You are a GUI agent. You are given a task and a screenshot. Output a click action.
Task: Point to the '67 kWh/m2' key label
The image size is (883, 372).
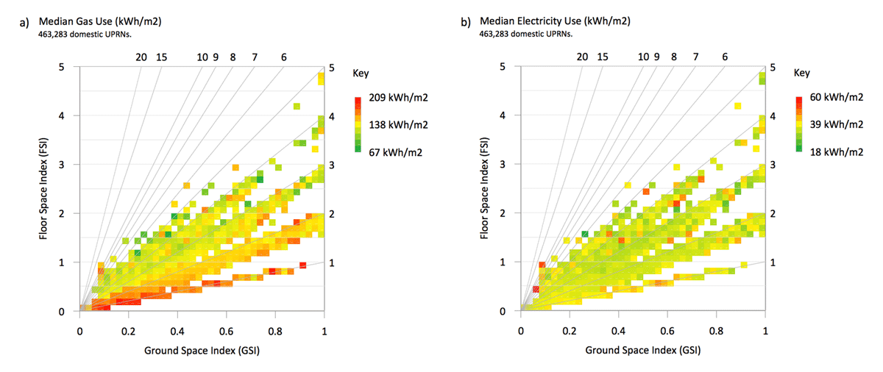pyautogui.click(x=389, y=152)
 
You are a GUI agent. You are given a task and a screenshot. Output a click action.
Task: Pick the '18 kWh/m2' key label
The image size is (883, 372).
pyautogui.click(x=831, y=152)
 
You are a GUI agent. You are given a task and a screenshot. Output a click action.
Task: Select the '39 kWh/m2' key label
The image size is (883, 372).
pyautogui.click(x=831, y=125)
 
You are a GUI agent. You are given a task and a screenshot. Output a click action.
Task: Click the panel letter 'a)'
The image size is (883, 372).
pyautogui.click(x=25, y=23)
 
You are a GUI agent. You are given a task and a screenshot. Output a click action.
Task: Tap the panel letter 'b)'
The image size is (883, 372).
pyautogui.click(x=466, y=23)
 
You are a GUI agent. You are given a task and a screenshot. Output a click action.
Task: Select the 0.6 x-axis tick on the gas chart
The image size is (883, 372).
pyautogui.click(x=227, y=331)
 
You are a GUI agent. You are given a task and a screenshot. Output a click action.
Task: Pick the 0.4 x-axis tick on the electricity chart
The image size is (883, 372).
pyautogui.click(x=618, y=331)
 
